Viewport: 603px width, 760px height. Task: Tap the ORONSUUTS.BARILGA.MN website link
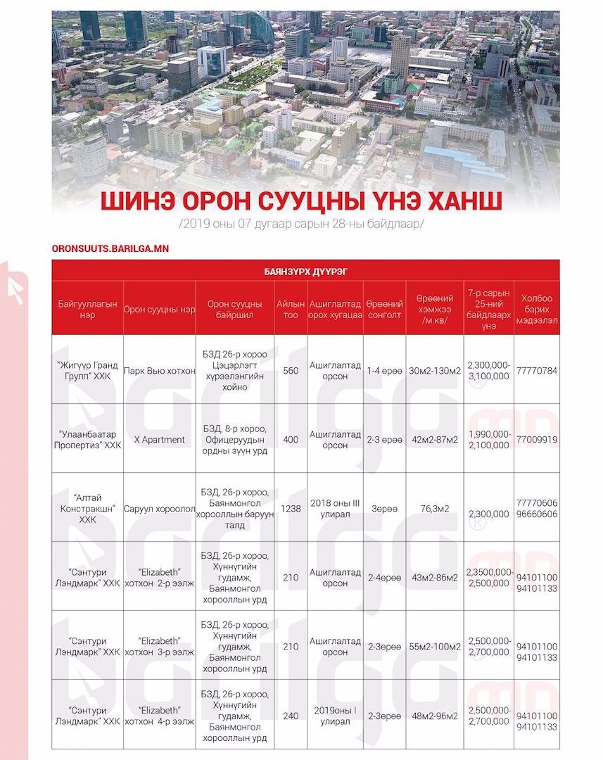pyautogui.click(x=110, y=248)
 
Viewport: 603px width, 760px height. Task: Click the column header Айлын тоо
pyautogui.click(x=291, y=310)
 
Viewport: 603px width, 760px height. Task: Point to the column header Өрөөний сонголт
pyautogui.click(x=384, y=310)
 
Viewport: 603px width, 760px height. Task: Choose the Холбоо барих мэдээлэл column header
pyautogui.click(x=537, y=310)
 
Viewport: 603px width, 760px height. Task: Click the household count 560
pyautogui.click(x=291, y=371)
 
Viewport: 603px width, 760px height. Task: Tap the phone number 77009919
pyautogui.click(x=537, y=440)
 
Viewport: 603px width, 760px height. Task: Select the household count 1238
pyautogui.click(x=291, y=508)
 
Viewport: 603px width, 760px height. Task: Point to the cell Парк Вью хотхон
pyautogui.click(x=159, y=371)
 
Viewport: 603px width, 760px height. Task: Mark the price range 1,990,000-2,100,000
pyautogui.click(x=488, y=440)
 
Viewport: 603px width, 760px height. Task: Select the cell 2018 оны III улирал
pyautogui.click(x=335, y=508)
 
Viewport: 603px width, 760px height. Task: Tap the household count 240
pyautogui.click(x=291, y=716)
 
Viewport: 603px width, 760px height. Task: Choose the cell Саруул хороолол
pyautogui.click(x=159, y=508)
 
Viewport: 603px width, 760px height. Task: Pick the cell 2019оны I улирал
pyautogui.click(x=335, y=716)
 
